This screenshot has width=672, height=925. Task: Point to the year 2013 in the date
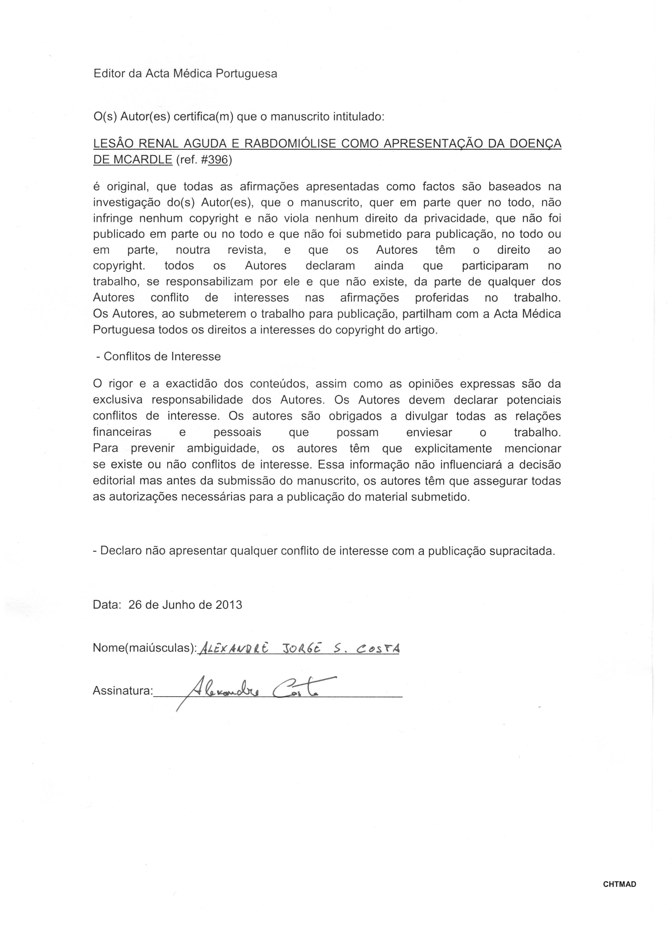pos(229,605)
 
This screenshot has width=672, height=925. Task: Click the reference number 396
pos(218,160)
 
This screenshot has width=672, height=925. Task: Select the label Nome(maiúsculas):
pos(145,648)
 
